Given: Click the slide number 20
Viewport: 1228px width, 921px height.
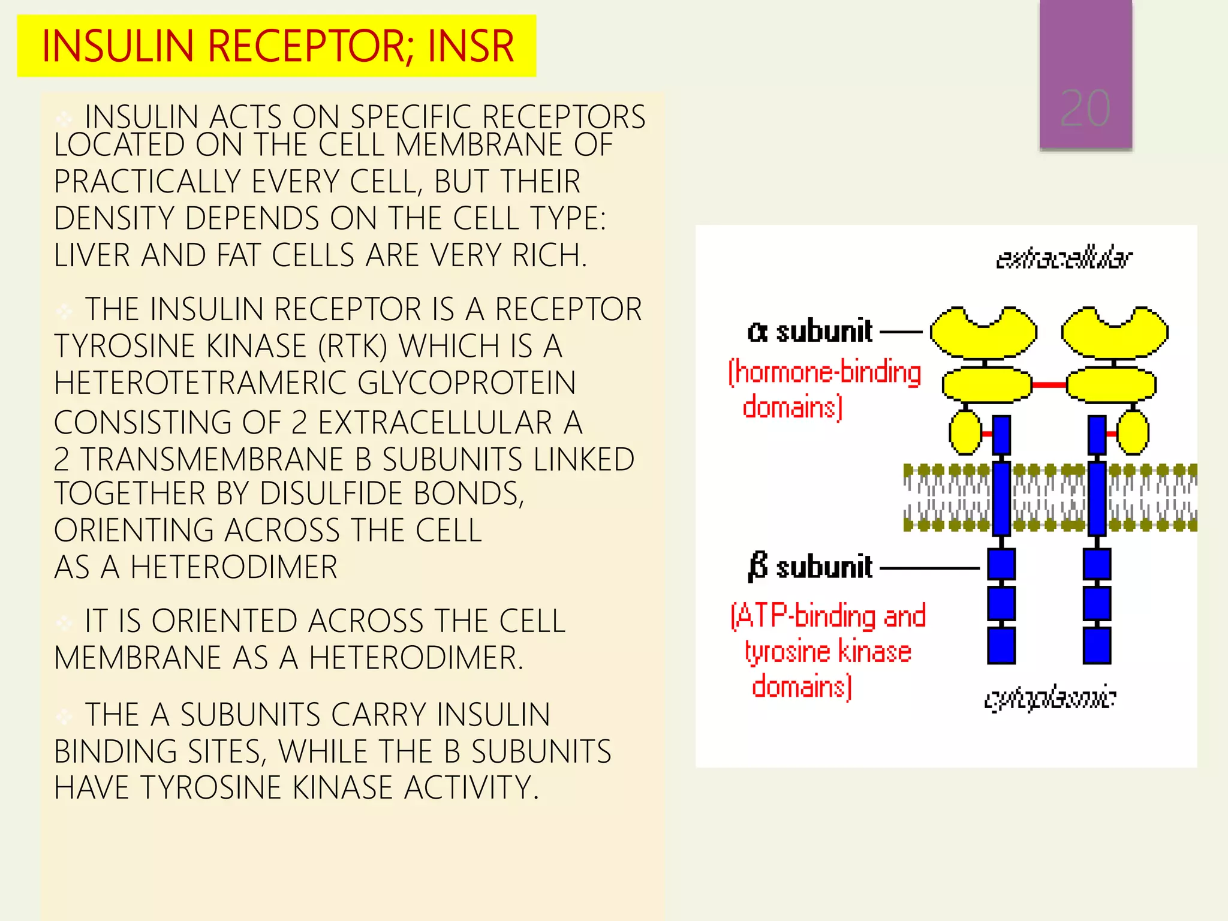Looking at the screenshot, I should coord(1085,109).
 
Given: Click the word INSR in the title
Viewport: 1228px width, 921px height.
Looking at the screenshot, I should coord(471,46).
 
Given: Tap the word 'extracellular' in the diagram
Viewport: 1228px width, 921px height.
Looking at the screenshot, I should coord(1064,258).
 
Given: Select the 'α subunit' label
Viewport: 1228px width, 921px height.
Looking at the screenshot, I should coord(809,331).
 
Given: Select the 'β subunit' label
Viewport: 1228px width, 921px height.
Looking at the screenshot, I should coord(809,567).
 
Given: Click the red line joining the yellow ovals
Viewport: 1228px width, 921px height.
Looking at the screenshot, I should coord(1049,385).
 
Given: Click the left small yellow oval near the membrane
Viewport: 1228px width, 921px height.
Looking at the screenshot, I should coord(965,432).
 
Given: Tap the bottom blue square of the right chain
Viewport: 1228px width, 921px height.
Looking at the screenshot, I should coord(1097,646).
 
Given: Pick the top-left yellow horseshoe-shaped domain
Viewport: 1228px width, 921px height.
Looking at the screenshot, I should coord(983,333).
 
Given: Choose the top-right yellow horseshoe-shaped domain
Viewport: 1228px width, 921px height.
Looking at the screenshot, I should coord(1114,333).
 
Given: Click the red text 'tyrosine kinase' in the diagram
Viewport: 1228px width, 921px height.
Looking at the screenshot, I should coord(827,652).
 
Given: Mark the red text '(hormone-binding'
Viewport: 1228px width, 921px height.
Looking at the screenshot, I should coord(824,372).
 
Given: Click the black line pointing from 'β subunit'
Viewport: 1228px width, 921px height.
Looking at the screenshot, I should coord(929,567).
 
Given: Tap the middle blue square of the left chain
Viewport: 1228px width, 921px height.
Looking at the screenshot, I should coord(1001,603).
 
